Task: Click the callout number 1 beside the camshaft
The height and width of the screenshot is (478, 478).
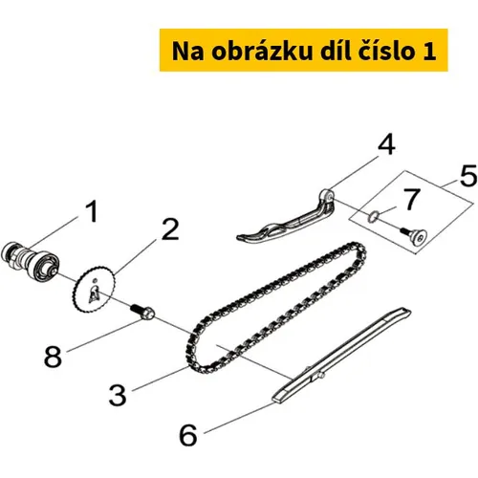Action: point(92,211)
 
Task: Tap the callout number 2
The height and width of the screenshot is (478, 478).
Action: point(170,229)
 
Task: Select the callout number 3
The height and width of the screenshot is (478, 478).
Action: point(118,395)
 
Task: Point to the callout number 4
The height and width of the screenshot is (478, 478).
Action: point(387,144)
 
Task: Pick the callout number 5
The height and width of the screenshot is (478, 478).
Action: point(468,176)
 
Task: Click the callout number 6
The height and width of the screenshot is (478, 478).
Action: point(188,435)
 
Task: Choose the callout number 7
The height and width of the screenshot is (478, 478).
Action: point(412,199)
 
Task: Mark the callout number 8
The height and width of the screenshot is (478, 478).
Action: point(53,356)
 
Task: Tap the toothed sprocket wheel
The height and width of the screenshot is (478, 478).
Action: point(95,291)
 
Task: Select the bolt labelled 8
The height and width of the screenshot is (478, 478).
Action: point(142,311)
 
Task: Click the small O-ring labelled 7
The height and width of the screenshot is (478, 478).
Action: point(373,217)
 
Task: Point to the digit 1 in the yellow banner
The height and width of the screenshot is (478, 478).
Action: point(429,51)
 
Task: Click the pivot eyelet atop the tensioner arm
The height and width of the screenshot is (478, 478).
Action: point(327,194)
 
